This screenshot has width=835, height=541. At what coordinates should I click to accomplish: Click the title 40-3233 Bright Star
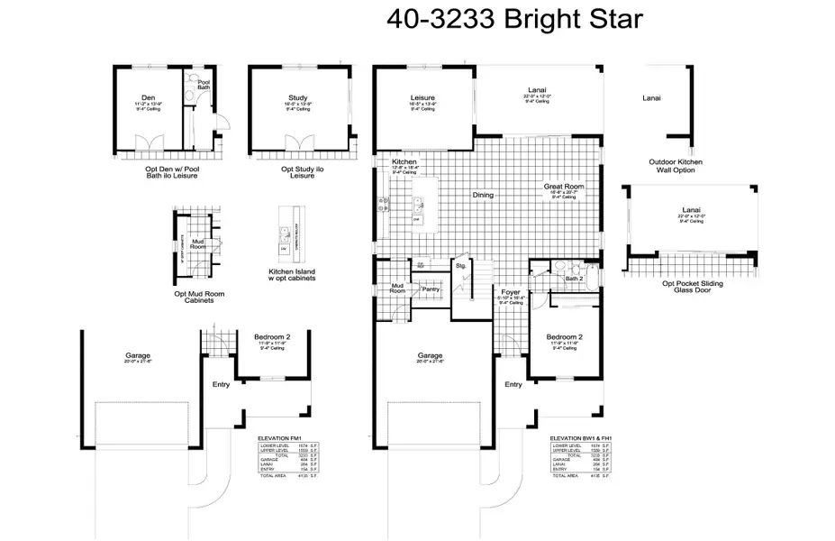[514, 19]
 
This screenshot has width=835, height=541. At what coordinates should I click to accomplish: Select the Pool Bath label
[204, 86]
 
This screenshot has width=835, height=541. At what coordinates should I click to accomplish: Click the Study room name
[297, 98]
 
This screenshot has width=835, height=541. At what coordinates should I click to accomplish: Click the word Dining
[484, 195]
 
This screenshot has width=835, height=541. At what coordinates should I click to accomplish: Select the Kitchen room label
[404, 163]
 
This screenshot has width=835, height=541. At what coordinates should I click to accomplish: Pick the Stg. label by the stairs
[460, 267]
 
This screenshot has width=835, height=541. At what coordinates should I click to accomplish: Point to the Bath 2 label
[574, 278]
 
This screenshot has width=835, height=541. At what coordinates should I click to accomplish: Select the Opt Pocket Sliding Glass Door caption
[693, 287]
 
